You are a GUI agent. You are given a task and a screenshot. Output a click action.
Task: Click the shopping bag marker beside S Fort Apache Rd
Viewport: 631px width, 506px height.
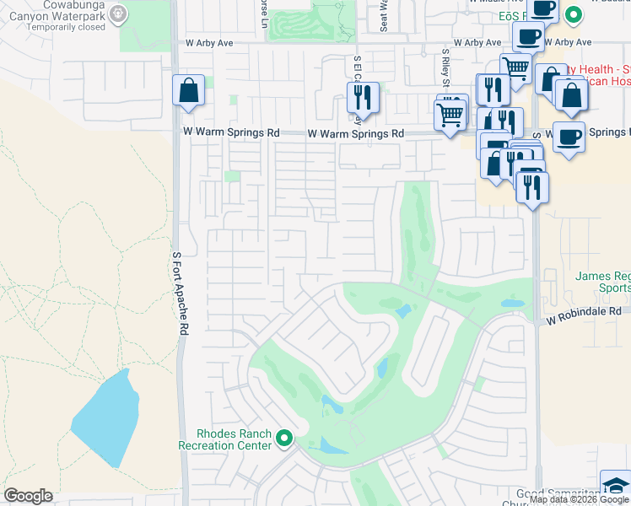pos(188,90)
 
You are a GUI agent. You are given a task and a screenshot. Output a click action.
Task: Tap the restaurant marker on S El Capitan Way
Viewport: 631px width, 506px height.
pos(364,97)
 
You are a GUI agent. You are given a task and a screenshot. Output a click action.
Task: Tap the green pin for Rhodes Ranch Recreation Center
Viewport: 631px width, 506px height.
pos(284,439)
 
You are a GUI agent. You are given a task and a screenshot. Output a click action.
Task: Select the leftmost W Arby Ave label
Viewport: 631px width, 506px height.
pos(208,42)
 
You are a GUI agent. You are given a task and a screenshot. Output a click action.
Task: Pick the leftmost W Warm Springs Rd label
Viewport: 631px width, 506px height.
pos(232,133)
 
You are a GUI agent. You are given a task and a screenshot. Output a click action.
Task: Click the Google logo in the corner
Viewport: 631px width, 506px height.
pos(28,496)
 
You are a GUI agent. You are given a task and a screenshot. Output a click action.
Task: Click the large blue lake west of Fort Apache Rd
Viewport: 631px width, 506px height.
pos(105,418)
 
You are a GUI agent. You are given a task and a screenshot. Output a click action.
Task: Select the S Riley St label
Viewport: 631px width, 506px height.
pos(445,68)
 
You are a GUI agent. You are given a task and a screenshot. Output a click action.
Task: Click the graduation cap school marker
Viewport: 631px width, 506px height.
pos(616,486)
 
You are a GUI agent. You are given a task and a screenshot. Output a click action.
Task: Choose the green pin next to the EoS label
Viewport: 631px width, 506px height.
pos(574,14)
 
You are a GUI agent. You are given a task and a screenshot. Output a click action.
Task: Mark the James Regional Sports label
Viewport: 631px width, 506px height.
pos(602,282)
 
